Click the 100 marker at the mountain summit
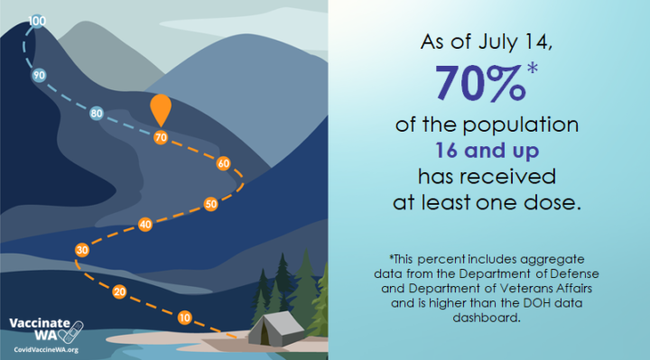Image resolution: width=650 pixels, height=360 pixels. coord(37,21)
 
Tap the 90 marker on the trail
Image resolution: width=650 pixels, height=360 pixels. coord(39,76)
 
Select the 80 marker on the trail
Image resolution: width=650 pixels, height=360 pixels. coord(97,113)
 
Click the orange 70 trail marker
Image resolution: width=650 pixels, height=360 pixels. coord(161,137)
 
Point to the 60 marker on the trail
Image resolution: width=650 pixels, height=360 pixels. coord(223,163)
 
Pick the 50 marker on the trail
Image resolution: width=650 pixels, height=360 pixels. coord(210,204)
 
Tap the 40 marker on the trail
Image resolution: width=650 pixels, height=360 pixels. coord(145,225)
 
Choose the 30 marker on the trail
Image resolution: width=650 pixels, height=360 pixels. coord(82,250)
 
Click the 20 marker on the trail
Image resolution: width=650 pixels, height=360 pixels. coord(119,292)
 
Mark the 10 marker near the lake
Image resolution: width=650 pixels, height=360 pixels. coord(184,318)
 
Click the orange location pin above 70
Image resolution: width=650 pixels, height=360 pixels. coord(161,108)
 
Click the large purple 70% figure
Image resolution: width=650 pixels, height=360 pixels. coord(480,82)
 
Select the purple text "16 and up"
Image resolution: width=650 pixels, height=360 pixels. coord(487,151)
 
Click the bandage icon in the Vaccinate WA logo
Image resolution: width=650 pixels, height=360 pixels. coord(73,332)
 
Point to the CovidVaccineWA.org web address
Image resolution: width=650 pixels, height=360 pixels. coord(46,350)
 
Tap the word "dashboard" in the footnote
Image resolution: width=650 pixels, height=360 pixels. coord(487,318)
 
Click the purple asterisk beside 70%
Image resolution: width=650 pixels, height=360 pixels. coord(533,68)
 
